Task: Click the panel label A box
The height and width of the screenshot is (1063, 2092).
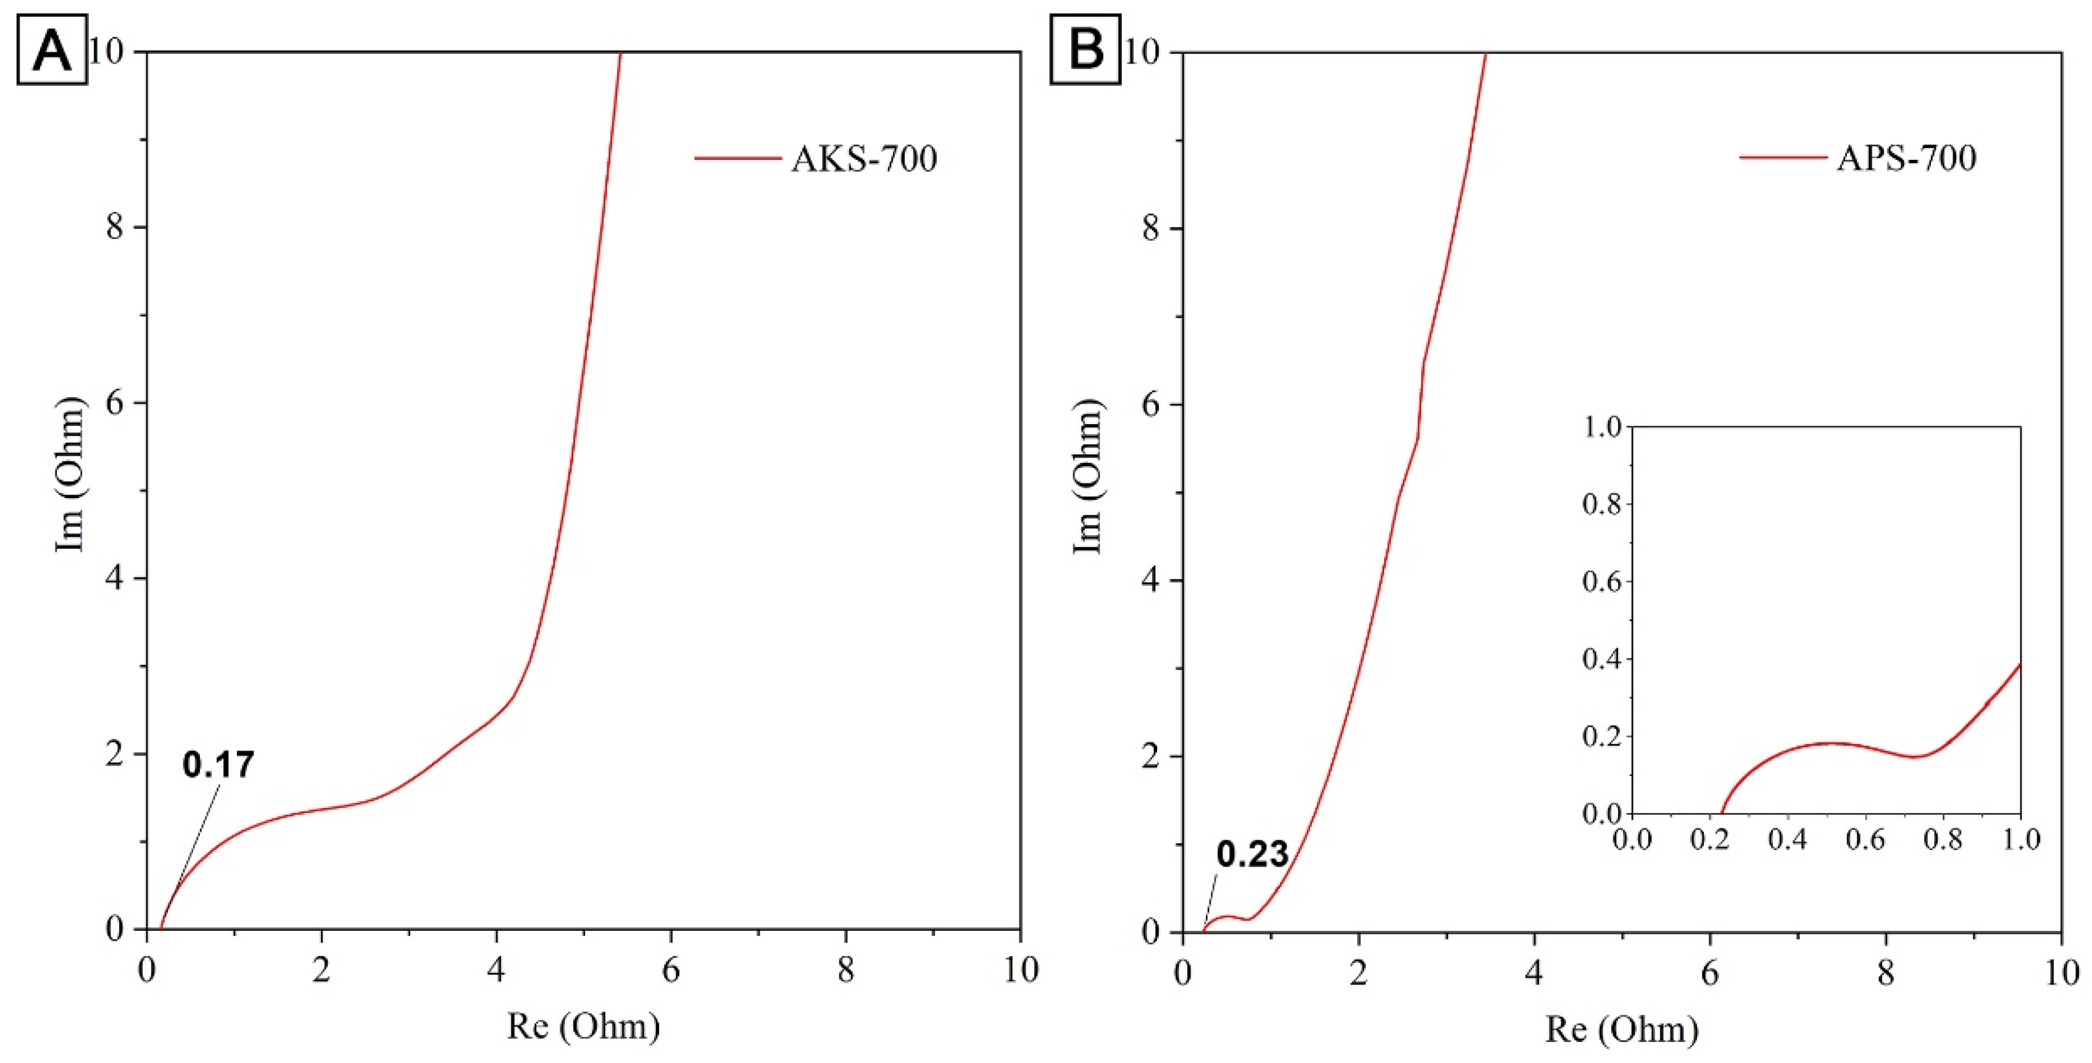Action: pyautogui.click(x=52, y=49)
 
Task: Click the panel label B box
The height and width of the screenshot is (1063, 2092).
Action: pyautogui.click(x=1085, y=49)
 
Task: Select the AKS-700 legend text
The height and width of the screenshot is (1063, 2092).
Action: pyautogui.click(x=864, y=159)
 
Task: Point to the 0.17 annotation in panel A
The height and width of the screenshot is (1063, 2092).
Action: pyautogui.click(x=218, y=765)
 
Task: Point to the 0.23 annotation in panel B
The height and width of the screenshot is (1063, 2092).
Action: pyautogui.click(x=1251, y=854)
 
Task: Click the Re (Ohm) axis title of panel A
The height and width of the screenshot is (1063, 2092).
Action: pyautogui.click(x=583, y=1027)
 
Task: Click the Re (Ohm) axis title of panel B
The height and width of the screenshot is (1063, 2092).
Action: pyautogui.click(x=1621, y=1029)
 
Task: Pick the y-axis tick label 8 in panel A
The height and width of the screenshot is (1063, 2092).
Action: pyautogui.click(x=115, y=227)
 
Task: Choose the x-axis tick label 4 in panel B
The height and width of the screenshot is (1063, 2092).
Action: pyautogui.click(x=1534, y=973)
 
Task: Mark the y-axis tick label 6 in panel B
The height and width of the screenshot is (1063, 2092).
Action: pyautogui.click(x=1150, y=404)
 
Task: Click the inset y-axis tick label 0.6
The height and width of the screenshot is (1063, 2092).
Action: pyautogui.click(x=1601, y=582)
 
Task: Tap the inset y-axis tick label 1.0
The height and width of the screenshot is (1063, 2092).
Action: pyautogui.click(x=1601, y=427)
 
